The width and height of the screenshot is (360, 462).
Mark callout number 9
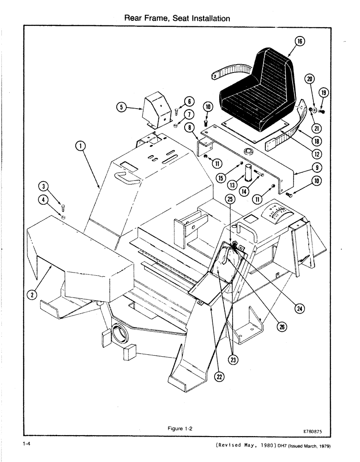click(305, 167)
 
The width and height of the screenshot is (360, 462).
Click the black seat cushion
click(258, 95)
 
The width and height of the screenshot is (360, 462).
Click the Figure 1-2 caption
click(180, 428)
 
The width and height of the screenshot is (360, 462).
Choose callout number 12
click(304, 153)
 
